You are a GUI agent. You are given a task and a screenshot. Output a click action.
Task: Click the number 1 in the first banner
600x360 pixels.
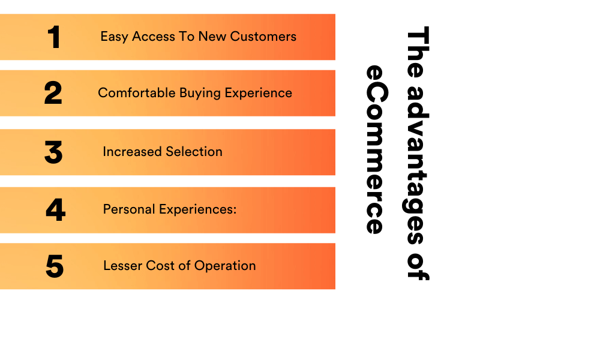pyautogui.click(x=55, y=37)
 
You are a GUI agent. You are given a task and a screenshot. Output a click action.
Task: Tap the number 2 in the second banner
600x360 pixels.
pyautogui.click(x=53, y=93)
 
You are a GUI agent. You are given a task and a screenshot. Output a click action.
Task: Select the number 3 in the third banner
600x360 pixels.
pyautogui.click(x=53, y=152)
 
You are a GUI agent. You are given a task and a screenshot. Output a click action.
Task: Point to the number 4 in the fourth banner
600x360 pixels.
pyautogui.click(x=55, y=209)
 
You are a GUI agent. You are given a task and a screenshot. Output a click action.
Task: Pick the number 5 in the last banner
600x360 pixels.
pyautogui.click(x=55, y=266)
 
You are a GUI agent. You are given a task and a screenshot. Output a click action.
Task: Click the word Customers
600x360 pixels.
pyautogui.click(x=263, y=37)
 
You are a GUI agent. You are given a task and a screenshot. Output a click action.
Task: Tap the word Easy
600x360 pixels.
pyautogui.click(x=114, y=37)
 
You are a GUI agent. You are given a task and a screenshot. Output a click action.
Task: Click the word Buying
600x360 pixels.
pyautogui.click(x=200, y=94)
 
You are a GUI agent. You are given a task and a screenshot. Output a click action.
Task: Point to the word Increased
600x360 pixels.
pyautogui.click(x=133, y=152)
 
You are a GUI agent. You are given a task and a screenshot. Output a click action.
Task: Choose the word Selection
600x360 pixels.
pyautogui.click(x=194, y=152)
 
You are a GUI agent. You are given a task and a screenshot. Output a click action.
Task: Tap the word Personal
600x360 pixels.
pyautogui.click(x=129, y=209)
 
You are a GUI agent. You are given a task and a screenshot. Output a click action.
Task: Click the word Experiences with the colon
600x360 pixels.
pyautogui.click(x=198, y=210)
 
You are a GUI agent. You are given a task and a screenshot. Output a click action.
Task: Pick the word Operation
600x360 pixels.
pyautogui.click(x=225, y=266)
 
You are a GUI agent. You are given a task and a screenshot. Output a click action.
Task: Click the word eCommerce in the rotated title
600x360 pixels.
pyautogui.click(x=377, y=149)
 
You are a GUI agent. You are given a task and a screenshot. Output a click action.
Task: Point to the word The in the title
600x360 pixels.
pyautogui.click(x=418, y=52)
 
